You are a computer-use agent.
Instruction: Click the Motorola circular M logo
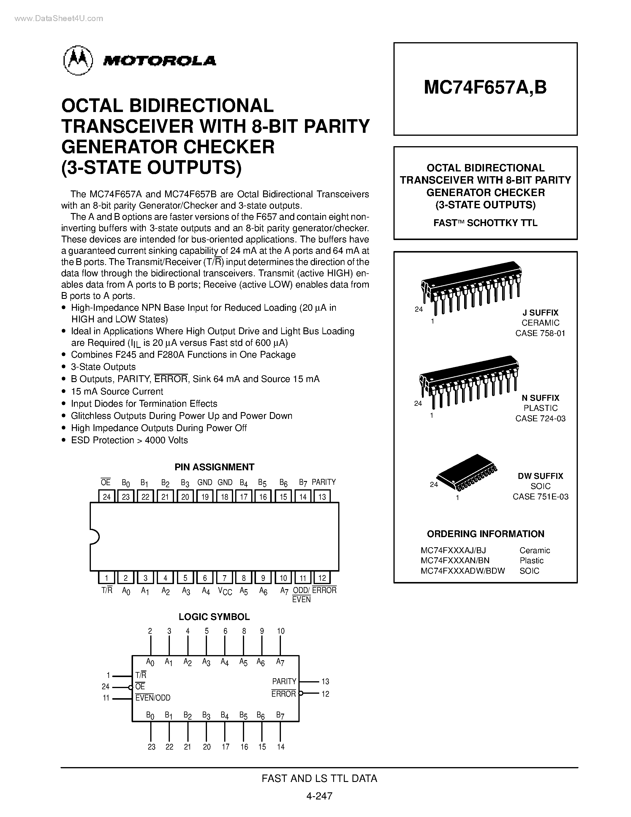(78, 60)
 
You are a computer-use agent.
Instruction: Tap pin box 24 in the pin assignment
(107, 496)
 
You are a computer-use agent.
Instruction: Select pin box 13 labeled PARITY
(322, 496)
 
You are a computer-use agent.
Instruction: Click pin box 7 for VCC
(224, 578)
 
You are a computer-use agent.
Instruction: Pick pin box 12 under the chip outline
(322, 578)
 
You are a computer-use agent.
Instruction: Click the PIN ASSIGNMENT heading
(214, 467)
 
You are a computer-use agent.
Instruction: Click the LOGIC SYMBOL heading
(214, 617)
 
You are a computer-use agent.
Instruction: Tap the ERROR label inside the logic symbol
(283, 694)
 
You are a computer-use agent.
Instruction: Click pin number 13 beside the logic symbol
(325, 682)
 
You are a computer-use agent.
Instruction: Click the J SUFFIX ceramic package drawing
(471, 288)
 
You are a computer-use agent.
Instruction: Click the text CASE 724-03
(540, 419)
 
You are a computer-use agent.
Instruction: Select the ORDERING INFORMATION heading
(485, 534)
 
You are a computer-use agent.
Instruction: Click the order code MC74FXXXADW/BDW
(462, 571)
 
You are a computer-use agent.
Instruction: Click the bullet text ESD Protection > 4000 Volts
(129, 440)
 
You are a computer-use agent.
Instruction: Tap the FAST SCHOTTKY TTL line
(485, 223)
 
